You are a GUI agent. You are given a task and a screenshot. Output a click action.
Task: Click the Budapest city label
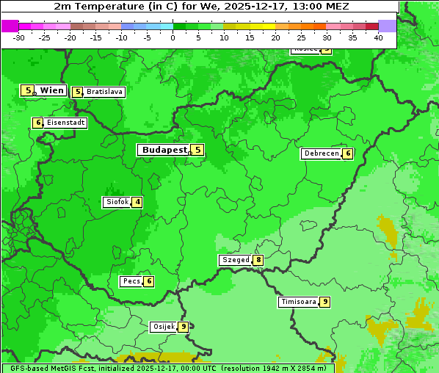pyautogui.click(x=164, y=150)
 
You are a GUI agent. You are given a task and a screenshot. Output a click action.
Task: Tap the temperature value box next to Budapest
pyautogui.click(x=197, y=150)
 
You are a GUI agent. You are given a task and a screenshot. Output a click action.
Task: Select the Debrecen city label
pyautogui.click(x=321, y=154)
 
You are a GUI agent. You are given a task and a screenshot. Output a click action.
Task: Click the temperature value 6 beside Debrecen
pyautogui.click(x=348, y=154)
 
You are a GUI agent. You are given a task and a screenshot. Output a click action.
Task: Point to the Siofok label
pyautogui.click(x=117, y=202)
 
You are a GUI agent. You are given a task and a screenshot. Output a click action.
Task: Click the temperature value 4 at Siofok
pyautogui.click(x=137, y=202)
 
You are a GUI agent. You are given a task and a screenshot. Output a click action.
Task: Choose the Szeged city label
pyautogui.click(x=236, y=260)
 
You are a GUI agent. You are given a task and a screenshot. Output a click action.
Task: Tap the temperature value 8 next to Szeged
pyautogui.click(x=258, y=260)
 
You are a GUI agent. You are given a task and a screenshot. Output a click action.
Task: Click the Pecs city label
pyautogui.click(x=132, y=281)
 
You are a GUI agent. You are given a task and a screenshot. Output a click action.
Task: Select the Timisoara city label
pyautogui.click(x=299, y=302)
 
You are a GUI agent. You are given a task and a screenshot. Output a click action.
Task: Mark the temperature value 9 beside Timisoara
pyautogui.click(x=324, y=302)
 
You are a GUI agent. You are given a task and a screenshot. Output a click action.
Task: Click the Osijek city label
pyautogui.click(x=163, y=327)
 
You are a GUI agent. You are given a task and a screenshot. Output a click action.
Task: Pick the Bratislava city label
pyautogui.click(x=104, y=92)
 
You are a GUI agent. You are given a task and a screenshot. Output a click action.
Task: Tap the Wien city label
pyautogui.click(x=51, y=90)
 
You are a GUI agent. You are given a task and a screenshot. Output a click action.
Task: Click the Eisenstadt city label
pyautogui.click(x=65, y=123)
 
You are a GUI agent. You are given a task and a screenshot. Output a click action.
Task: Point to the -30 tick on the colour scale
pyautogui.click(x=19, y=37)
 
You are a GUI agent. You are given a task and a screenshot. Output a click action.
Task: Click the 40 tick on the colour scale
pyautogui.click(x=378, y=37)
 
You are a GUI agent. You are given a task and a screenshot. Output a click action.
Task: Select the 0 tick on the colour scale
pyautogui.click(x=173, y=37)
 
